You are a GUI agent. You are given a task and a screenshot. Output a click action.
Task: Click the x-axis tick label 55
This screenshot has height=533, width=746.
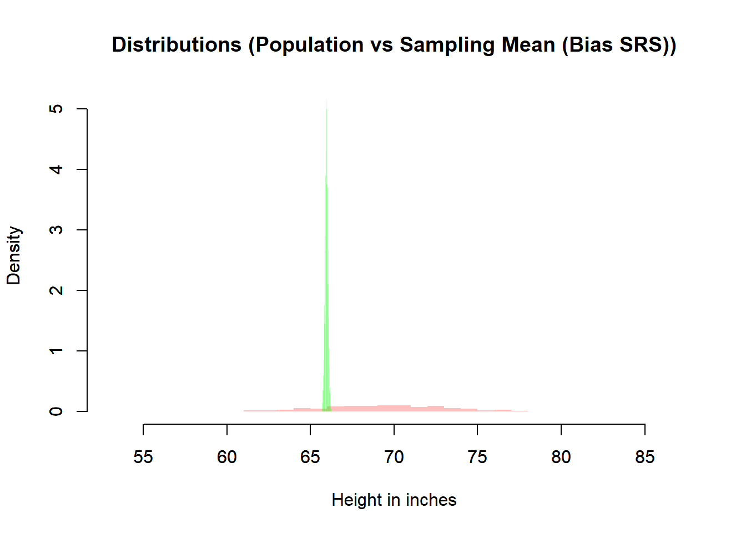coord(143,457)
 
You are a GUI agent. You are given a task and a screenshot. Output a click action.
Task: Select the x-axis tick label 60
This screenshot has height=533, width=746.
coord(227,457)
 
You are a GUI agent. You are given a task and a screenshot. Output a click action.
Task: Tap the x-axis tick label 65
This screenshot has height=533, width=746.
coord(310,457)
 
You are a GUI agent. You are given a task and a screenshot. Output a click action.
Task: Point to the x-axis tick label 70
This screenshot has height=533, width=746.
coord(394,457)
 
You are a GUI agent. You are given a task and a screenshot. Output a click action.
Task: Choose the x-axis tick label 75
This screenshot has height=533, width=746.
coord(477,457)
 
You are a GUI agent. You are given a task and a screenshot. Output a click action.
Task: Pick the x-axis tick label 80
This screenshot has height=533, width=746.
coord(561,457)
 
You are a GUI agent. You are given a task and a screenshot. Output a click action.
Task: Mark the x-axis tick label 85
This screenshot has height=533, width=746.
coord(645,457)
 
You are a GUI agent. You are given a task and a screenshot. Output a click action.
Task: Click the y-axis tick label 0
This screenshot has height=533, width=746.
coord(56,411)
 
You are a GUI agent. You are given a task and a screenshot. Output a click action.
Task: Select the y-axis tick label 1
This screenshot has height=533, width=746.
coord(56,351)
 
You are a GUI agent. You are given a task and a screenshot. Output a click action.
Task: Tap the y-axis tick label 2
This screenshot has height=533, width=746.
coord(56,290)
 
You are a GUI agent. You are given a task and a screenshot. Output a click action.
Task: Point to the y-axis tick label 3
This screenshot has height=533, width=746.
coord(56,230)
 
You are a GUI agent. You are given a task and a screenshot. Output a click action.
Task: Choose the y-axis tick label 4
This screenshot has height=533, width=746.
coord(56,169)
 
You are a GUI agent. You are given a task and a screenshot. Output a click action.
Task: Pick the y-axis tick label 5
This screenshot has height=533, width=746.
coord(56,109)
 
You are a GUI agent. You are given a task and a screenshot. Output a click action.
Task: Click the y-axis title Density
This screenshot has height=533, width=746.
coord(14,255)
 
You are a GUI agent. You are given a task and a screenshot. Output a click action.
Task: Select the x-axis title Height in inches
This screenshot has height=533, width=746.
coord(394,500)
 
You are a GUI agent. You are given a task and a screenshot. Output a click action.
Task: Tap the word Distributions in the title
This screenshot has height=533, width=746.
coord(177,45)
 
